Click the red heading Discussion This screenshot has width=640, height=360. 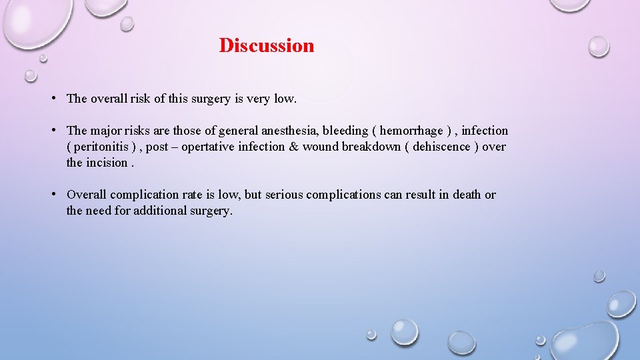(266, 46)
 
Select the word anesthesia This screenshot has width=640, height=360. (290, 131)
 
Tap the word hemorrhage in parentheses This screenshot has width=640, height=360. (411, 131)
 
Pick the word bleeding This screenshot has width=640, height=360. (345, 131)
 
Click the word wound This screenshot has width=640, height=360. (321, 147)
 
